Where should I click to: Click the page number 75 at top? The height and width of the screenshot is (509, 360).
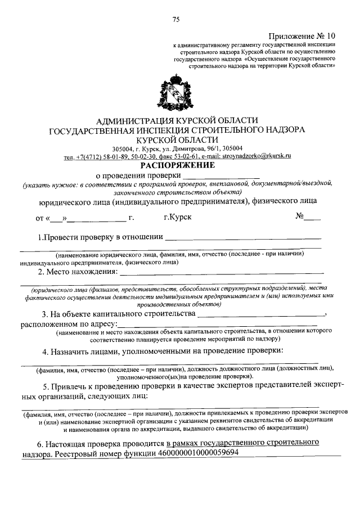[175, 20]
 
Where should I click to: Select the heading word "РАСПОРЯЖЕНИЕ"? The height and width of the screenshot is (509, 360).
[177, 166]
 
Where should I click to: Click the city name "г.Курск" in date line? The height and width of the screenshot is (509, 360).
[177, 217]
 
